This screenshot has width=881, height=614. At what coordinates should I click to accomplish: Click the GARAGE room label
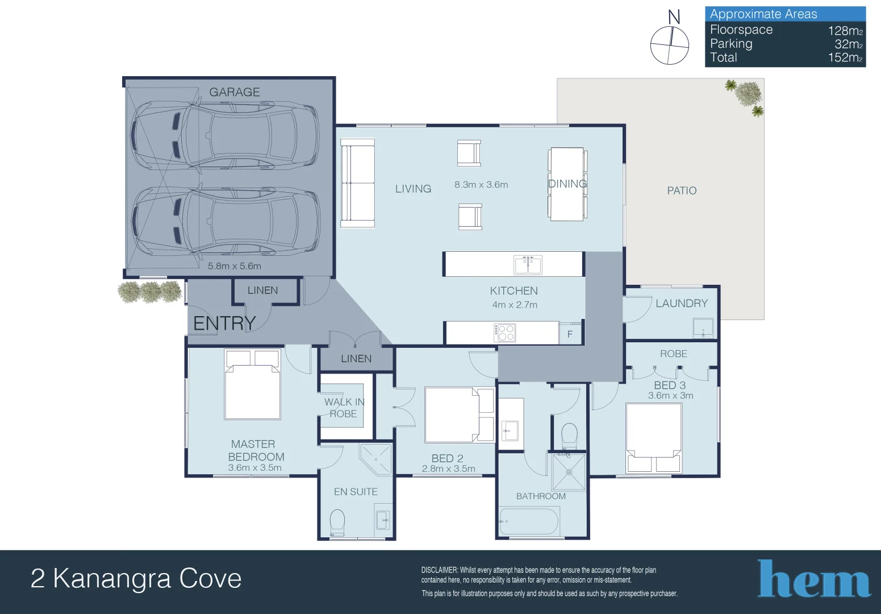(x=235, y=92)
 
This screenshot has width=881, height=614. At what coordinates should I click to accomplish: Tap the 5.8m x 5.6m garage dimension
(x=235, y=266)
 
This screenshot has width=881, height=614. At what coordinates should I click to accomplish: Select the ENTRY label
(x=224, y=323)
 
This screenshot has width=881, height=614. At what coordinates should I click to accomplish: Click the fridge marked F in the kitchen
(x=570, y=334)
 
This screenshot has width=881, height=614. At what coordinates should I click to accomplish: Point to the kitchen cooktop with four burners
(x=504, y=333)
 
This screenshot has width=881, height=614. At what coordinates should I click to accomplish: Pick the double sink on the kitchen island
(x=528, y=264)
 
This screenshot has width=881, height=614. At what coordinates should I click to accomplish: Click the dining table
(x=567, y=184)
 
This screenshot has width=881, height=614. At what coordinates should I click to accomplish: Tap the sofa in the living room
(x=357, y=182)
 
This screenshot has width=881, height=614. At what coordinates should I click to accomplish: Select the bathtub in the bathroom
(x=529, y=521)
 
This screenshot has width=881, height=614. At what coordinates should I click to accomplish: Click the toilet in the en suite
(x=337, y=522)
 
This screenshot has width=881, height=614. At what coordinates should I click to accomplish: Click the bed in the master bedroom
(x=252, y=384)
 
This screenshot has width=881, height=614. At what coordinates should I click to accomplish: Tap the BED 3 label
(x=670, y=385)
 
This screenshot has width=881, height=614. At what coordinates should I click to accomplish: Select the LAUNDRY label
(x=682, y=304)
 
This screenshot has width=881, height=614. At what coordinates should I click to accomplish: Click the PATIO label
(x=682, y=191)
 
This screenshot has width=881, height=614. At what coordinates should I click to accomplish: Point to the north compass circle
(x=669, y=45)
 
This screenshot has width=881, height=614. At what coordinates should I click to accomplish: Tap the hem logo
(x=814, y=579)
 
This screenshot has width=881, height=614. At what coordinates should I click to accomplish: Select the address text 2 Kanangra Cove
(x=136, y=579)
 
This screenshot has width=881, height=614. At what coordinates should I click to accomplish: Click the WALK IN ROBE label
(x=344, y=408)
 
